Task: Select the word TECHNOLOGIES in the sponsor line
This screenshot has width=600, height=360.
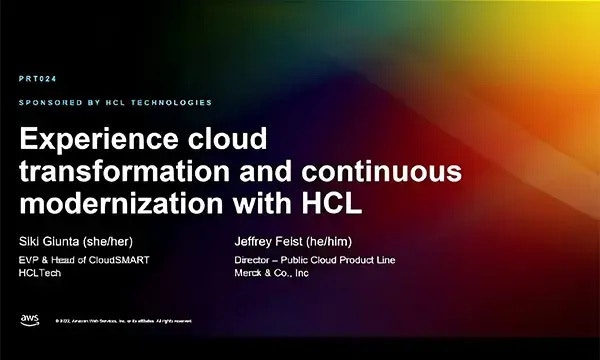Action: point(176,102)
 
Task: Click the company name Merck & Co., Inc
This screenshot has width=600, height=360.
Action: point(266,273)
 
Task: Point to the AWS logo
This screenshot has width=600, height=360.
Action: point(29,320)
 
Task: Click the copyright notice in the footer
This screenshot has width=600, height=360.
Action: point(121,321)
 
